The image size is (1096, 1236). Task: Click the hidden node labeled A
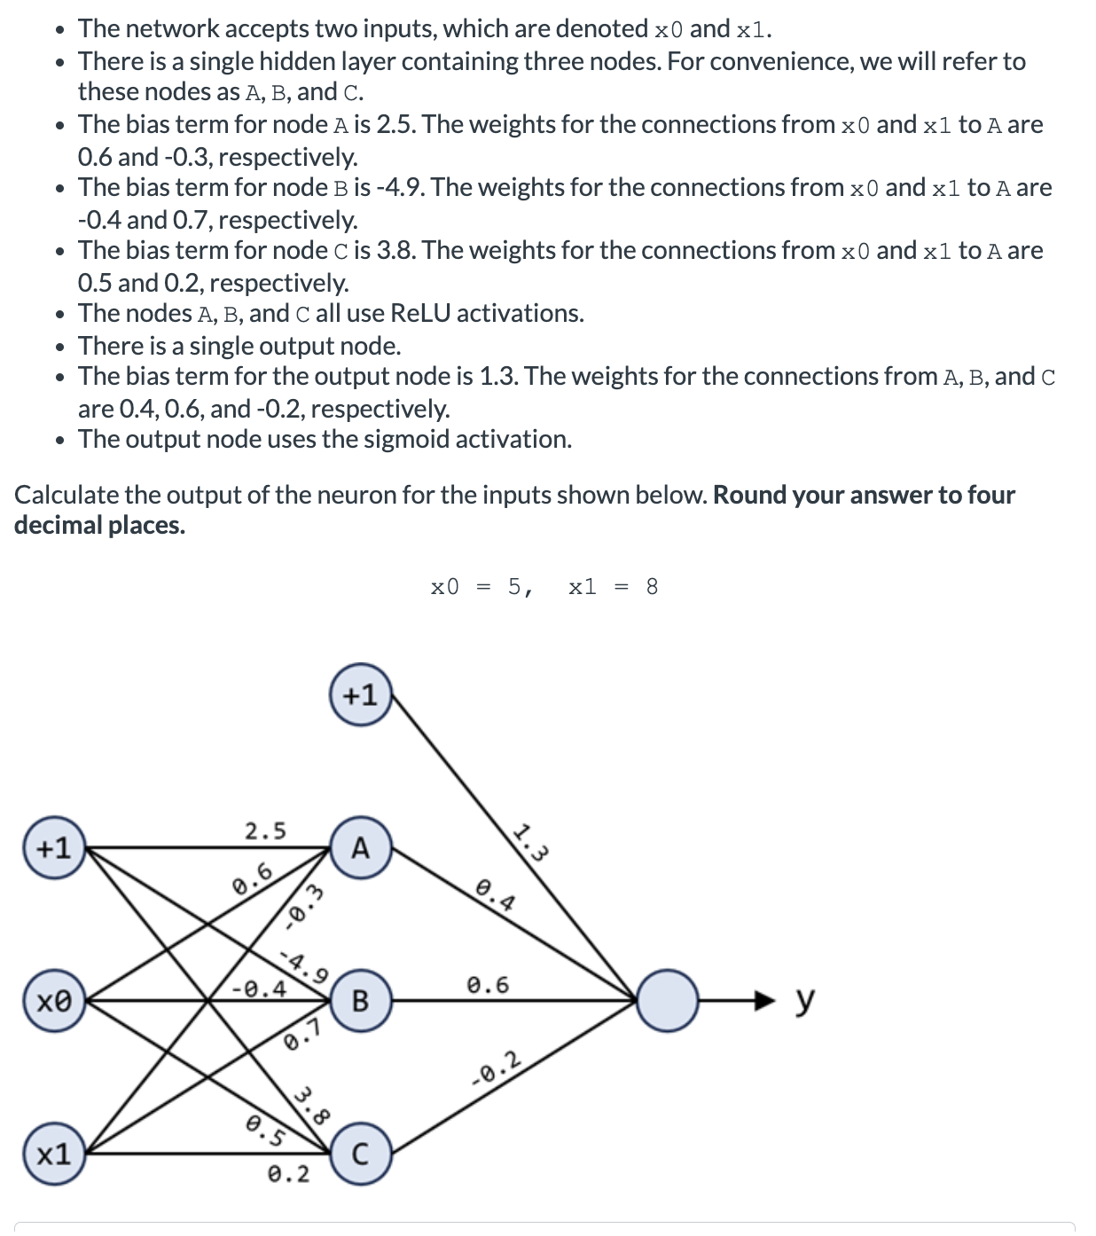click(x=360, y=849)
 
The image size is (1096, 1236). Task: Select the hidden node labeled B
click(x=360, y=1001)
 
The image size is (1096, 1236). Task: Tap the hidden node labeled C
click(x=360, y=1154)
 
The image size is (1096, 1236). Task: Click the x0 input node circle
click(x=54, y=1001)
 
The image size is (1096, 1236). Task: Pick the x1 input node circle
click(x=54, y=1154)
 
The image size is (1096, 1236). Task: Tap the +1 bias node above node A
click(x=360, y=695)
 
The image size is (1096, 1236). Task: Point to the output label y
click(x=803, y=999)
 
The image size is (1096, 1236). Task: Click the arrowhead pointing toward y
click(x=764, y=1001)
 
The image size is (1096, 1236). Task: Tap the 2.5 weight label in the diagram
click(x=265, y=831)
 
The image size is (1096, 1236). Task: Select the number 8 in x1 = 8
click(x=652, y=587)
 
